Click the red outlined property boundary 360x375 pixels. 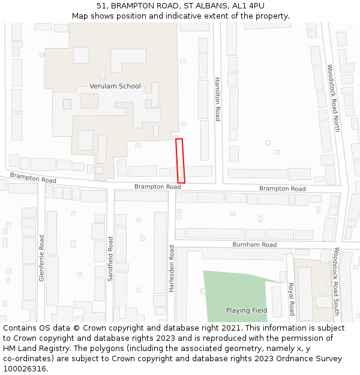tap(180, 161)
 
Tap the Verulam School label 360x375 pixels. tap(115, 86)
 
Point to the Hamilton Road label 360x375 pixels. tap(218, 99)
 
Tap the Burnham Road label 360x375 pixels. tap(255, 245)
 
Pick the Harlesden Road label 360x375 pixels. tap(172, 268)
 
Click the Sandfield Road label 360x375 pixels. tap(110, 259)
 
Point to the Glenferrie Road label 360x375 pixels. tap(41, 258)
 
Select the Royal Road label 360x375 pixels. tap(292, 298)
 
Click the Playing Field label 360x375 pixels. tap(247, 310)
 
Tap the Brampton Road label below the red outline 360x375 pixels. tap(157, 187)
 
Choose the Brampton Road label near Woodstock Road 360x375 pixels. tap(282, 189)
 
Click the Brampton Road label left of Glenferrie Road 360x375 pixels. tap(33, 178)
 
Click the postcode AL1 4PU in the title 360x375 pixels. tap(248, 6)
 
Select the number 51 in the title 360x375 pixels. tap(101, 6)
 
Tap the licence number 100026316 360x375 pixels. tap(25, 369)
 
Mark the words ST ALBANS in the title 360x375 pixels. tap(202, 6)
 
